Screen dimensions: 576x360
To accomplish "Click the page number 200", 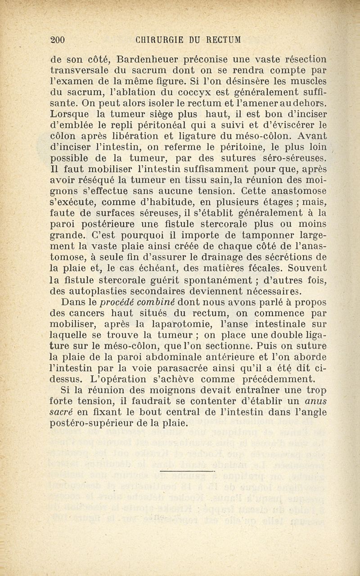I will click(58, 40).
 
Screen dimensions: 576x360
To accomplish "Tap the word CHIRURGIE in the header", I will click(157, 40).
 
